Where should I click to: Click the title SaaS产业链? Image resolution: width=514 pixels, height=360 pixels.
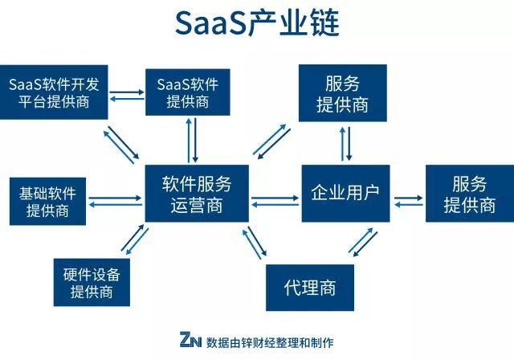tap(257, 24)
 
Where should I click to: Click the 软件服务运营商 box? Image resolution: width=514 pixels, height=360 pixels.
tap(197, 194)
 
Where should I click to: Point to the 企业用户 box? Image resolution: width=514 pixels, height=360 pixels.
tap(345, 194)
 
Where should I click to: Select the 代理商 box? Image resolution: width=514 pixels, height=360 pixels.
tap(310, 288)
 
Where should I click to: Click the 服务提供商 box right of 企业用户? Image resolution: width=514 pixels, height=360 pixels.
tap(469, 194)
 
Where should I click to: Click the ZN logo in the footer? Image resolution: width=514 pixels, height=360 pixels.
tap(190, 341)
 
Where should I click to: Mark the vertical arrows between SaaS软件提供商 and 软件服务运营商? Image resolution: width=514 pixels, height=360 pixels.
tap(193, 140)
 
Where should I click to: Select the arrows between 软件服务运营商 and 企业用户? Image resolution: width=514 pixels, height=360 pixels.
tap(275, 201)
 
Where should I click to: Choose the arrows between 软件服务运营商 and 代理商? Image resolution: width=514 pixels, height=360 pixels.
tap(255, 243)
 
